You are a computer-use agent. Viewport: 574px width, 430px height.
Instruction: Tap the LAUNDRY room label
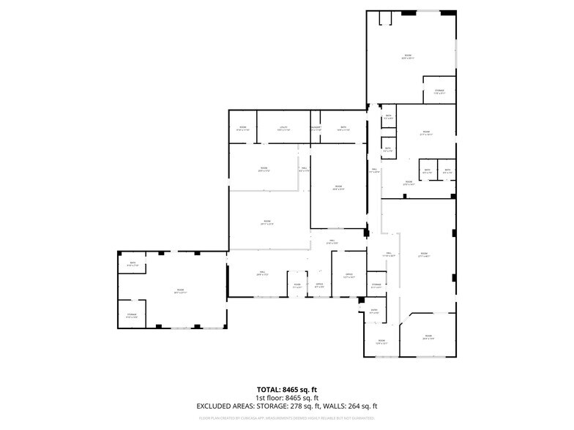(316, 128)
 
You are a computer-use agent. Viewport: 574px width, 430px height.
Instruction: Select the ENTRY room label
(374, 311)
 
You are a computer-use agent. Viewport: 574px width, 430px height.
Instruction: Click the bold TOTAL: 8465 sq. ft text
(287, 389)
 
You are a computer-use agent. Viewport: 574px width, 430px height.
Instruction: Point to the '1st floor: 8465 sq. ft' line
(287, 397)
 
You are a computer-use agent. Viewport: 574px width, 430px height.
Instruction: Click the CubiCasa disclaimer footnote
(287, 418)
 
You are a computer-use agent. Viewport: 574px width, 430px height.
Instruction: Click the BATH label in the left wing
(133, 263)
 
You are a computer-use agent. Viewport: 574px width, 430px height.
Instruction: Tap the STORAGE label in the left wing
(132, 315)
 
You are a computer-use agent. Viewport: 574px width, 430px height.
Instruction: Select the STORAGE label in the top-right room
(439, 91)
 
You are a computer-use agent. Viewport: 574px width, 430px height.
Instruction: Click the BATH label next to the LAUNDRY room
(343, 128)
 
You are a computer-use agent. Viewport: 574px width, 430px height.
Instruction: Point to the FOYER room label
(297, 284)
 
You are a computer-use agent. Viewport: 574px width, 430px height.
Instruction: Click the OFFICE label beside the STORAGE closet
(349, 275)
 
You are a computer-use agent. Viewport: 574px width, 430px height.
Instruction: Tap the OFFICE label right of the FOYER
(319, 284)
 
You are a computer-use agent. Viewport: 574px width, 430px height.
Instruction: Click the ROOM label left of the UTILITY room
(242, 128)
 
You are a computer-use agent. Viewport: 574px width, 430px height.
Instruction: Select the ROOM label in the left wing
(180, 290)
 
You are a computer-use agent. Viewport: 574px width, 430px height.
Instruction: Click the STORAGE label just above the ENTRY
(376, 284)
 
